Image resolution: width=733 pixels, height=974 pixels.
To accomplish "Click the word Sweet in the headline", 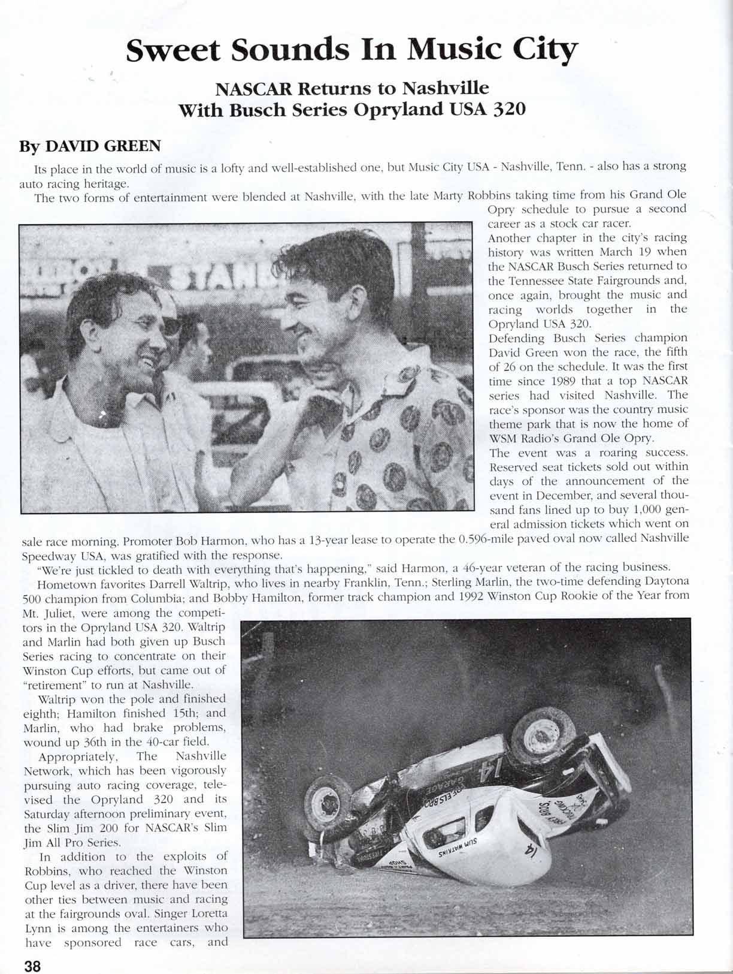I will (174, 50).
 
